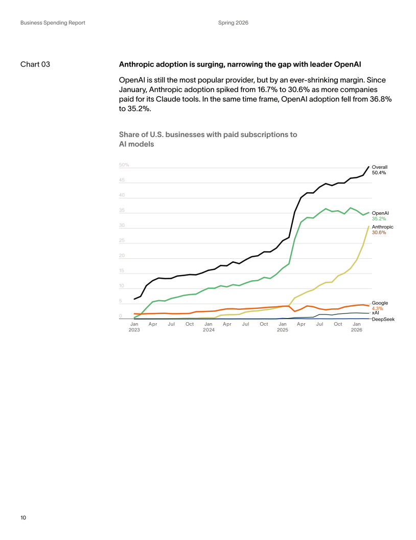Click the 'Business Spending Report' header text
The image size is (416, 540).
coord(53,22)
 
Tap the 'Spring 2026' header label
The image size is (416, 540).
coord(233,22)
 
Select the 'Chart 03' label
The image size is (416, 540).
coord(35,64)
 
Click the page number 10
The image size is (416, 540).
coord(23,517)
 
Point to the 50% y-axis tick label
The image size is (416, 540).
coord(124,165)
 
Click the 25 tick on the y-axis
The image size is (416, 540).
coord(122,240)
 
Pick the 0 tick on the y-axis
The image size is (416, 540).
coord(121,316)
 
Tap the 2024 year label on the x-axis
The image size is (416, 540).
coord(209,330)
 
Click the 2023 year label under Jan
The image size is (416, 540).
coord(134,330)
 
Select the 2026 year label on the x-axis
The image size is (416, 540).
coord(357,330)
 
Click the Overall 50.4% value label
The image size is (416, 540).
coord(379,172)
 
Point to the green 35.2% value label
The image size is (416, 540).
coord(379,219)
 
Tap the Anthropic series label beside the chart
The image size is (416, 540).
coord(383,227)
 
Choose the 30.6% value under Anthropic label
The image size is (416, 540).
coord(379,233)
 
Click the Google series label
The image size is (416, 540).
coord(380,303)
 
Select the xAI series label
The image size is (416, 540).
coord(376,313)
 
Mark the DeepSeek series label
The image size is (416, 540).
coord(383,319)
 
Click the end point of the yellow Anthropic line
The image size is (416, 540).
coord(369,226)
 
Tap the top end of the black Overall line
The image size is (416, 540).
coord(369,167)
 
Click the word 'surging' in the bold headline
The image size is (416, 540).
coord(211,64)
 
